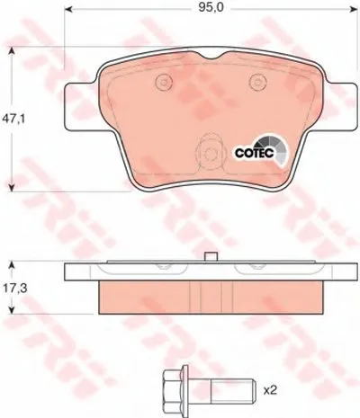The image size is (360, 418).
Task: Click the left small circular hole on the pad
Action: (163, 84)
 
